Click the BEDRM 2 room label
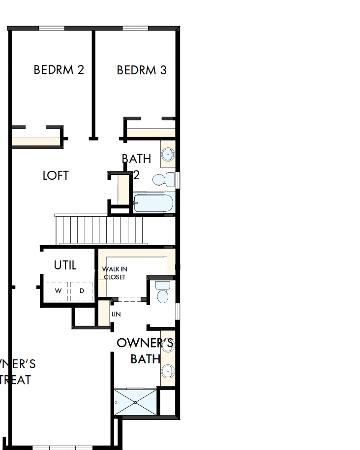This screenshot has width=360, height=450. (59, 70)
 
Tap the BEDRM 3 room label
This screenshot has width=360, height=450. (142, 70)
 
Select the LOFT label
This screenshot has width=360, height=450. (56, 176)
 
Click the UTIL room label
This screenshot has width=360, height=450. (65, 265)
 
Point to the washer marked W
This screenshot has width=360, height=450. (58, 291)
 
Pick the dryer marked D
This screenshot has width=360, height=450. (82, 291)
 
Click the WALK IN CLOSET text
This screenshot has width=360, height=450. (114, 273)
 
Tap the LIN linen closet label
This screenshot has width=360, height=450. (116, 314)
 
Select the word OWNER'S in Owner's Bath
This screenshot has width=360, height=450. (145, 343)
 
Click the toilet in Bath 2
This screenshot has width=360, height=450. (162, 179)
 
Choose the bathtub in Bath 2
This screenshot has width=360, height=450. (153, 203)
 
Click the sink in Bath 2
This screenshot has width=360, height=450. (168, 154)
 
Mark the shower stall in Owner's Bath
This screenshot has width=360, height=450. (136, 403)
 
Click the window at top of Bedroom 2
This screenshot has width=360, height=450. (52, 28)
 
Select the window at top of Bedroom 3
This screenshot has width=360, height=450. (135, 28)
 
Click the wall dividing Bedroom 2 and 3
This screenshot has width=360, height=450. (93, 84)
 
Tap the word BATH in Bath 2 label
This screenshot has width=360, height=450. (136, 159)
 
